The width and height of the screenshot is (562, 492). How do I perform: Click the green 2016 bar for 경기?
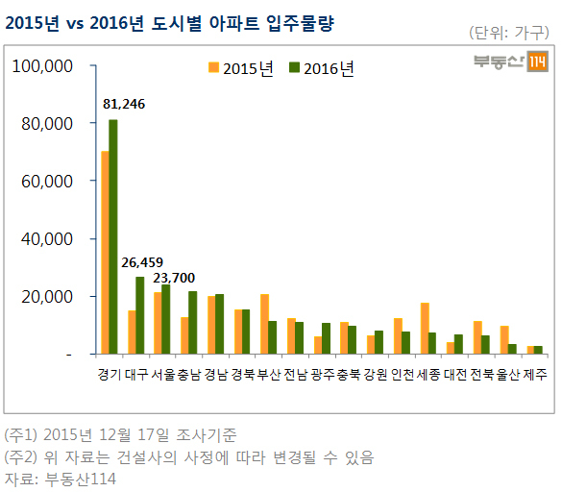pos(113,236)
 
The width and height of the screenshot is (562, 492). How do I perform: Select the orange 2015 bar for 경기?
pos(105,253)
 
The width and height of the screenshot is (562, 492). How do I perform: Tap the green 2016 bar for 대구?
pos(140,315)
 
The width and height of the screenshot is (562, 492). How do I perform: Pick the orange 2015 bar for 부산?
pos(264,324)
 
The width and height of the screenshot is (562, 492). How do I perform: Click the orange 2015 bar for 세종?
pos(425,329)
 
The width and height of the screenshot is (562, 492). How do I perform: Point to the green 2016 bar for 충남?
pos(192,323)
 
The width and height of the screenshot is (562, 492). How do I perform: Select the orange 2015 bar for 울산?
pos(504,340)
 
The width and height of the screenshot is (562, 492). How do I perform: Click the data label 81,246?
pos(124,104)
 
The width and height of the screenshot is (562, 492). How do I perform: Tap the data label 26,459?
pos(142,262)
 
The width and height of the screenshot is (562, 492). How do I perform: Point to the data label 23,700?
pos(174,278)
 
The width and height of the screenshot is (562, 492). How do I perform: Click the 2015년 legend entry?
pos(241,68)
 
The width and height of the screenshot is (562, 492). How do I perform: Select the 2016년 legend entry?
pos(322,68)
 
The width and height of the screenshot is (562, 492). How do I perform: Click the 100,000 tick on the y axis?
pos(42,66)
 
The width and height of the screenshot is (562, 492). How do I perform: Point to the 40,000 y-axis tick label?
pos(47,239)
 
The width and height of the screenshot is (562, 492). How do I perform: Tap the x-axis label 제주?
pos(535,375)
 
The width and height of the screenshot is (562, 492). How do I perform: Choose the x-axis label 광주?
pos(322,375)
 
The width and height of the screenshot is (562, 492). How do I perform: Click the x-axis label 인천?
pos(403,375)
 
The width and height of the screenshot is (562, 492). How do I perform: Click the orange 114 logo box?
pos(537,61)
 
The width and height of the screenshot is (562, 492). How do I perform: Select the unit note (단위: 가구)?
pos(509,33)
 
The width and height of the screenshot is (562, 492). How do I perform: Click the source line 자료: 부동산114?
pos(61,480)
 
